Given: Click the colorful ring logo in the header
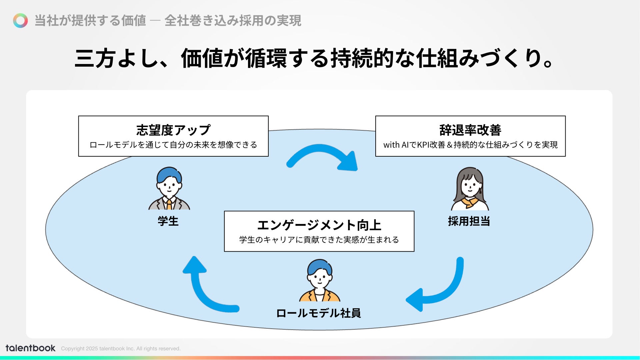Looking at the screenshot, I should [20, 21].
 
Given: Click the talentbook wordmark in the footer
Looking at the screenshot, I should [30, 348].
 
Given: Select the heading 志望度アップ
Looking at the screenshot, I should [173, 130].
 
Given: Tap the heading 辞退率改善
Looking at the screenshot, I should [470, 130].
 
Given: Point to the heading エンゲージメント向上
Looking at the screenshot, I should [319, 225].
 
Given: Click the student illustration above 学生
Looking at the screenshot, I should [169, 188].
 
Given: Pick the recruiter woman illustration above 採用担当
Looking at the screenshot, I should [470, 189].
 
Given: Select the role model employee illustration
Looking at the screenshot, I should [320, 281].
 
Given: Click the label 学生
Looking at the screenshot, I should [168, 221].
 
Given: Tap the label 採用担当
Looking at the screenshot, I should [469, 221].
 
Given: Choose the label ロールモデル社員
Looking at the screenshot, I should [318, 313].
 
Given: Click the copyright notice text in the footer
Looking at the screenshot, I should [121, 349].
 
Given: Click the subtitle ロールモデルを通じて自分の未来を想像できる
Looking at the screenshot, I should [173, 145].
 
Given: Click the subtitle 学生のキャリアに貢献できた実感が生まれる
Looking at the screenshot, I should [319, 240].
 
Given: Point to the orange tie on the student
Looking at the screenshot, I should [169, 204].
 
